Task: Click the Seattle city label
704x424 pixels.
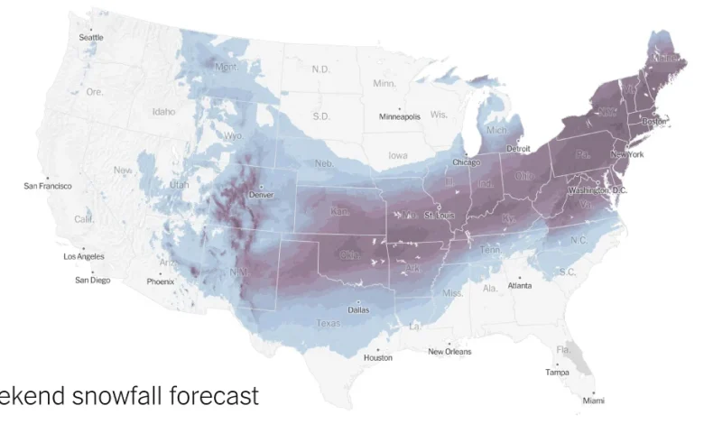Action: pyautogui.click(x=91, y=38)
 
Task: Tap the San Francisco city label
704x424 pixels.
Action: pyautogui.click(x=48, y=186)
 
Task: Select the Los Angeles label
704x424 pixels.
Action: pyautogui.click(x=84, y=256)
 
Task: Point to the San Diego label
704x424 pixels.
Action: pyautogui.click(x=92, y=280)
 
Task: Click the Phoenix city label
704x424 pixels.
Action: pyautogui.click(x=161, y=281)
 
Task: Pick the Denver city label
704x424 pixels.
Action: pyautogui.click(x=261, y=195)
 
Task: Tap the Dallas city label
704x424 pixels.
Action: pyautogui.click(x=358, y=309)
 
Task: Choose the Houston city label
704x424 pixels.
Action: pyautogui.click(x=378, y=357)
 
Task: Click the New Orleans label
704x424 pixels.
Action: pyautogui.click(x=449, y=352)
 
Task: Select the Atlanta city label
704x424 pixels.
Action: pyautogui.click(x=519, y=286)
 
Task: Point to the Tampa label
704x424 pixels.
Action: pyautogui.click(x=557, y=372)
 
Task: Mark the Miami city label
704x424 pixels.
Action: pyautogui.click(x=593, y=400)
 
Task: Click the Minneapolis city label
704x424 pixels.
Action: pyautogui.click(x=399, y=117)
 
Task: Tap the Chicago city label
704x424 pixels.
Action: pyautogui.click(x=467, y=162)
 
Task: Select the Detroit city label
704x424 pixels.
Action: pyautogui.click(x=518, y=148)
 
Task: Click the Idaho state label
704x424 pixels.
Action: pyautogui.click(x=163, y=112)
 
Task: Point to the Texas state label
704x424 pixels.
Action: pyautogui.click(x=328, y=323)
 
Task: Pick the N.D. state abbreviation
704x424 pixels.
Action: pyautogui.click(x=320, y=69)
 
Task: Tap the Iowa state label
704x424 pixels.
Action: pyautogui.click(x=397, y=155)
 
